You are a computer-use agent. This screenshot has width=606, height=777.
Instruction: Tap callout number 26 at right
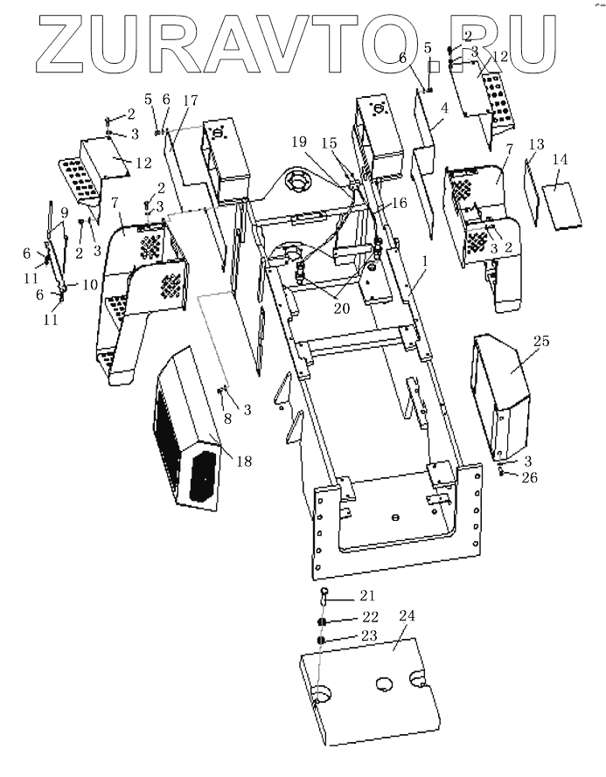point(529,477)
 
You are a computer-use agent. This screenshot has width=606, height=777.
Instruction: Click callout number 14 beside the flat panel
point(560,160)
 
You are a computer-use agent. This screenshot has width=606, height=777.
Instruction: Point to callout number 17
point(190,101)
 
